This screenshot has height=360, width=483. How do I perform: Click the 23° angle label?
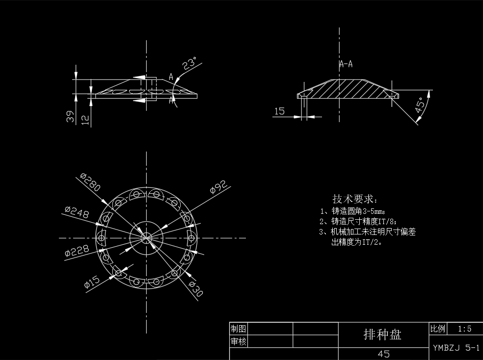coord(189,64)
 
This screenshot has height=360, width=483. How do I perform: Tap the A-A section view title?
coord(346,64)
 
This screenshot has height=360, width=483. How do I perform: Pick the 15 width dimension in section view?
coord(279,111)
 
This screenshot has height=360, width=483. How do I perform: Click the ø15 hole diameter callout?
coord(92,282)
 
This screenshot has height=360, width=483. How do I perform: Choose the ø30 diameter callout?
coord(195,289)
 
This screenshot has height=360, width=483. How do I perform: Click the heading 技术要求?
coord(355,199)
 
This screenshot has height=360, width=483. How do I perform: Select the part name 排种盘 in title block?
coord(382,334)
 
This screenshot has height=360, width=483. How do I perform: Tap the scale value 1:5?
coord(464,329)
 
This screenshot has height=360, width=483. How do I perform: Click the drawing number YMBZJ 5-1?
coord(456,348)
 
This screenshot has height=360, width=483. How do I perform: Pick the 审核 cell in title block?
coord(238,341)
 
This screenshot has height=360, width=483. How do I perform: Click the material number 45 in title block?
coord(383,354)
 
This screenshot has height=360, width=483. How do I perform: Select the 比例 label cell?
coord(437,329)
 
